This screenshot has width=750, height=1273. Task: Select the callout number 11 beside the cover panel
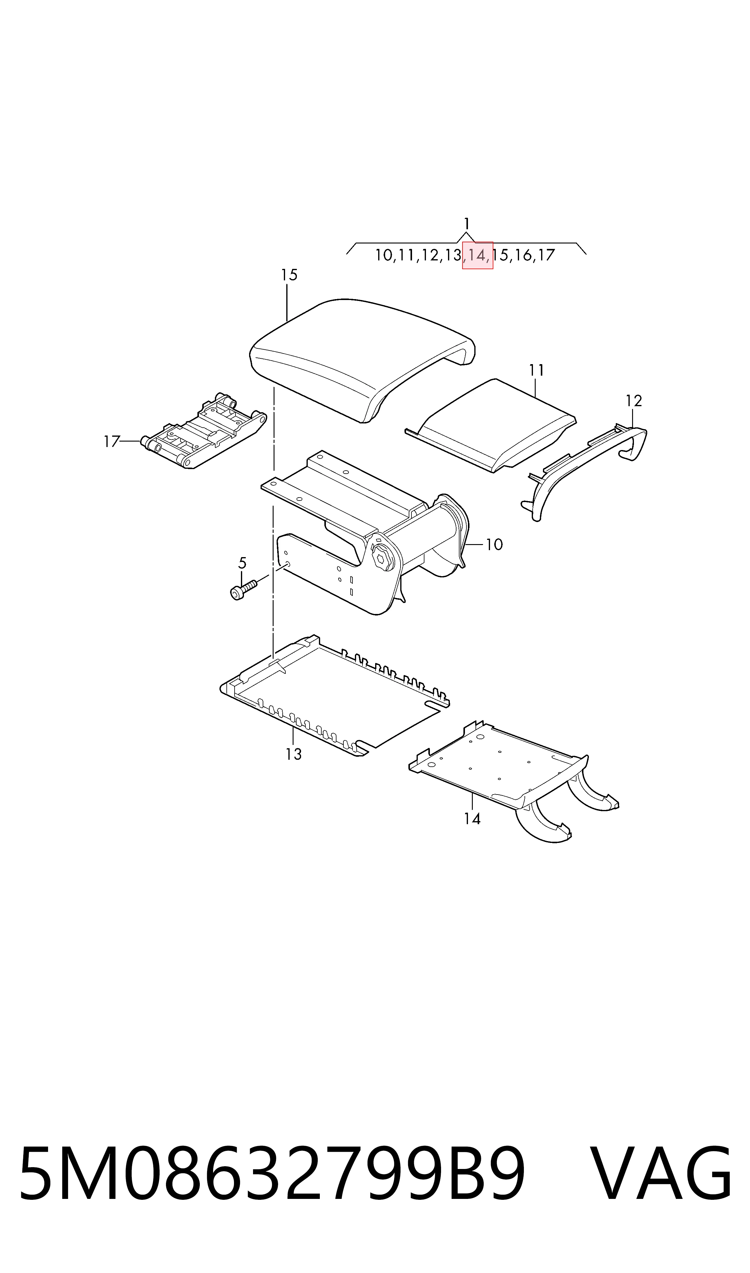(536, 370)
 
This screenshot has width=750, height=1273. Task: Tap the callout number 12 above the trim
(634, 401)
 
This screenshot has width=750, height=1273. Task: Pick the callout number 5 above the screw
(242, 563)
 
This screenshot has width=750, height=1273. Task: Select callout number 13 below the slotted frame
(293, 754)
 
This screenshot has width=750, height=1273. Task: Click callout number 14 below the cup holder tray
(472, 818)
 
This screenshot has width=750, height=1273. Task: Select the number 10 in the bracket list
(384, 255)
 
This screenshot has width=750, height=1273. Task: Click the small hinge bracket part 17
(204, 431)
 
